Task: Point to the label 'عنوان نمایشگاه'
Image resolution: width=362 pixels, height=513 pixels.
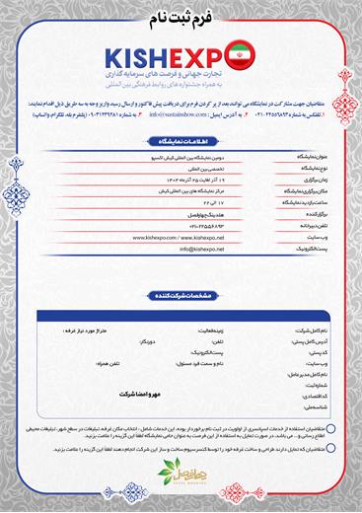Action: point(302,157)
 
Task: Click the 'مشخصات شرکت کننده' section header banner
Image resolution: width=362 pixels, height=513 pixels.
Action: point(180,295)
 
